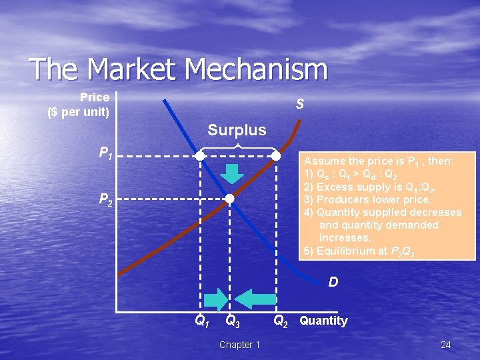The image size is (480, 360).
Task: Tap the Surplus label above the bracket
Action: (237, 129)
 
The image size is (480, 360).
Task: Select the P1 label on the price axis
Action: (105, 155)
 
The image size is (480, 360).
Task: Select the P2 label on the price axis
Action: (105, 199)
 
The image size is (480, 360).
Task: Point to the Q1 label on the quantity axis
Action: (201, 321)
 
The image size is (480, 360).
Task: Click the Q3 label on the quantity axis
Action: (232, 321)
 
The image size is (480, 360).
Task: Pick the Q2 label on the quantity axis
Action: (281, 321)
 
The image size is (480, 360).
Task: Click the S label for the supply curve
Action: (301, 104)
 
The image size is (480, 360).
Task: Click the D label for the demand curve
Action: (333, 282)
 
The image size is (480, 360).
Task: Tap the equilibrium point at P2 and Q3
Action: (229, 199)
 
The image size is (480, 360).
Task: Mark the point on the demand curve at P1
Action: (200, 156)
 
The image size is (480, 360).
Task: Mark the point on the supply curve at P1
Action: (276, 156)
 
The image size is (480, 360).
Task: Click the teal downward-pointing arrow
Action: (233, 173)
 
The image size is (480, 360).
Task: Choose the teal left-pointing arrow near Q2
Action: (253, 298)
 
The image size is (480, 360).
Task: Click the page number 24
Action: (446, 345)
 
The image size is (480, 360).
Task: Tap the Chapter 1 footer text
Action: (239, 345)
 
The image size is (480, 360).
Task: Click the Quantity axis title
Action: (323, 321)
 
